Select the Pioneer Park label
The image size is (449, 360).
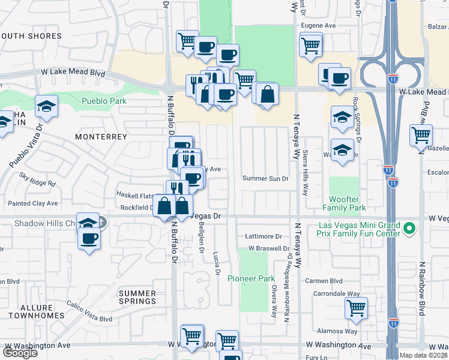251,278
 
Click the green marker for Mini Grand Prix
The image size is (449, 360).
409,228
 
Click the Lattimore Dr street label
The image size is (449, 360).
263,237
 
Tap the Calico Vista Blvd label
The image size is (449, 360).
89,311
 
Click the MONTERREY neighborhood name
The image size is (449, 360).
101,137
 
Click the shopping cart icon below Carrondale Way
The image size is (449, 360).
357,308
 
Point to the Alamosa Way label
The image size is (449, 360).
339,331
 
